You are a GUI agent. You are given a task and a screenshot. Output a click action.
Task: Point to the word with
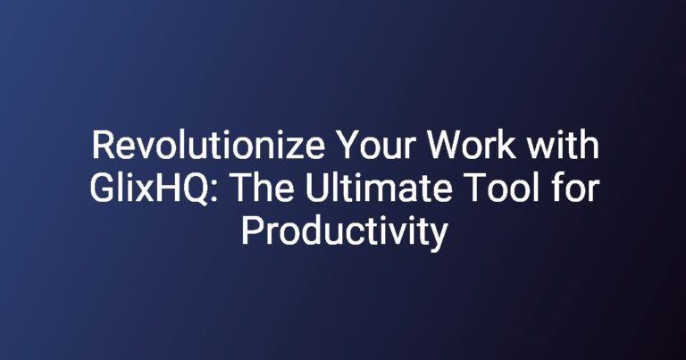tap(563, 146)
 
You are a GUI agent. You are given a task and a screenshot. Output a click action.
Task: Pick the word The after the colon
tap(262, 188)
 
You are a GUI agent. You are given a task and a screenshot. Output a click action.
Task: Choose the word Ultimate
tap(379, 188)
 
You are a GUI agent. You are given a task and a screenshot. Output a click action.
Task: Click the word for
tap(576, 188)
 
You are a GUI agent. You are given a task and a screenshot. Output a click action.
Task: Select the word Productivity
tap(345, 232)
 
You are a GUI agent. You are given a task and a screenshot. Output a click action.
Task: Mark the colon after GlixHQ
tap(213, 192)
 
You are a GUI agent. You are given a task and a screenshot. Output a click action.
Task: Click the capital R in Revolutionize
tap(103, 147)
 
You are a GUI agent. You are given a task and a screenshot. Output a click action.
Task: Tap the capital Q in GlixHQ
tap(195, 189)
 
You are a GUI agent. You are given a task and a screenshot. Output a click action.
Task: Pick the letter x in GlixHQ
tap(141, 192)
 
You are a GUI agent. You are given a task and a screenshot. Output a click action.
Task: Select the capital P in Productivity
tap(252, 231)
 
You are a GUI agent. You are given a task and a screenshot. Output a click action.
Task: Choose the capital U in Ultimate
tap(316, 188)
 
